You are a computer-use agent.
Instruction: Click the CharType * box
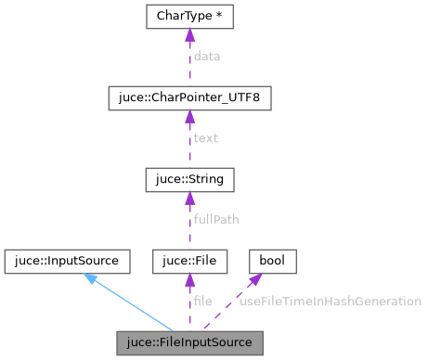pyautogui.click(x=189, y=17)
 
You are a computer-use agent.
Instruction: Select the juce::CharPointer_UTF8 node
pyautogui.click(x=189, y=97)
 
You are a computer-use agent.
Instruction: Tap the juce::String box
pyautogui.click(x=189, y=178)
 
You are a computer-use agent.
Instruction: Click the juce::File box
pyautogui.click(x=189, y=260)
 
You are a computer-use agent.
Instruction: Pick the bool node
pyautogui.click(x=271, y=260)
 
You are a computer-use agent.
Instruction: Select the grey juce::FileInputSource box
pyautogui.click(x=189, y=341)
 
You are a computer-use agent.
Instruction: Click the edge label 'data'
pyautogui.click(x=206, y=57)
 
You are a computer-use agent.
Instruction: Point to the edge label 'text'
pyautogui.click(x=205, y=138)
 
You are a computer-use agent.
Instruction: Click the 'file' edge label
pyautogui.click(x=202, y=301)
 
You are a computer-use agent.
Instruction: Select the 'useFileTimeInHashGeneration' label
pyautogui.click(x=331, y=301)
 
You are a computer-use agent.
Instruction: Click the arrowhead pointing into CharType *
pyautogui.click(x=189, y=35)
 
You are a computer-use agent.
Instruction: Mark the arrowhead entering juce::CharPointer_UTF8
pyautogui.click(x=189, y=116)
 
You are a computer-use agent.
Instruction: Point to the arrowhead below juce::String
pyautogui.click(x=189, y=197)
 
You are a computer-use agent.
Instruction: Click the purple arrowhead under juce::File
pyautogui.click(x=189, y=278)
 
